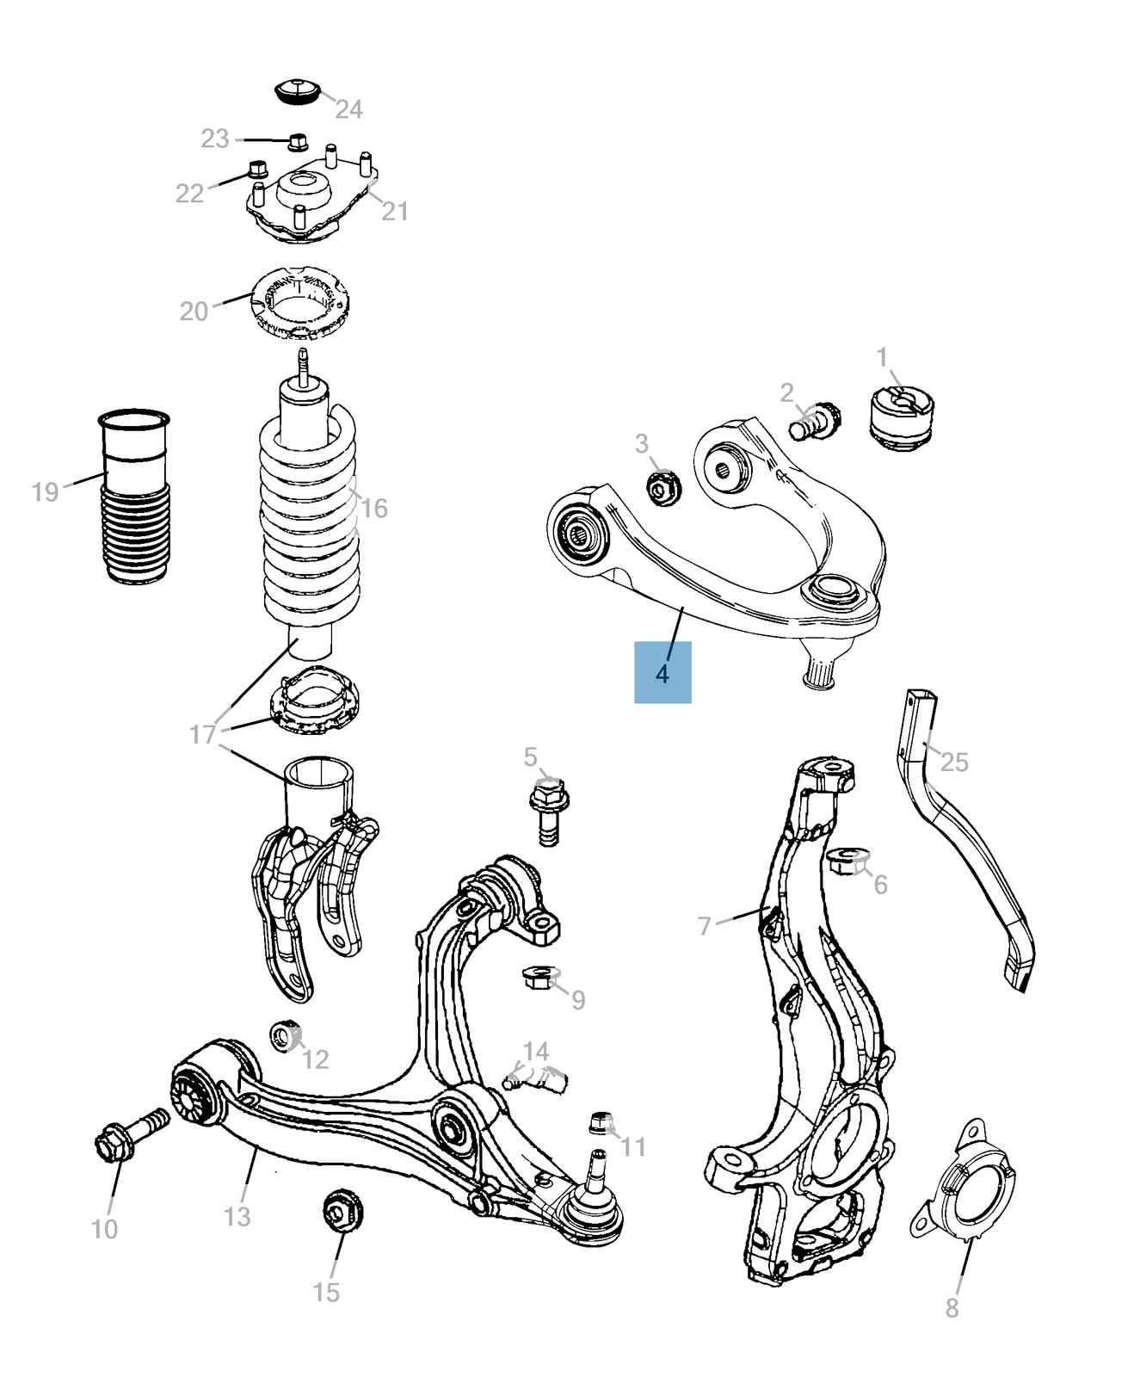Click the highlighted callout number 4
tap(662, 673)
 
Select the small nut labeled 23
tap(298, 141)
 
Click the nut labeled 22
tap(256, 169)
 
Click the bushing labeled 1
tap(901, 417)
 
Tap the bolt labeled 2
tap(812, 423)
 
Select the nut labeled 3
tap(662, 489)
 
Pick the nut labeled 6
tap(847, 861)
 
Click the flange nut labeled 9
tap(539, 977)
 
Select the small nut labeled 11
tap(600, 1123)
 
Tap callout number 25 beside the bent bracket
tap(954, 763)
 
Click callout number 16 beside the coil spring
tap(373, 509)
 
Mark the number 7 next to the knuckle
tap(705, 926)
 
